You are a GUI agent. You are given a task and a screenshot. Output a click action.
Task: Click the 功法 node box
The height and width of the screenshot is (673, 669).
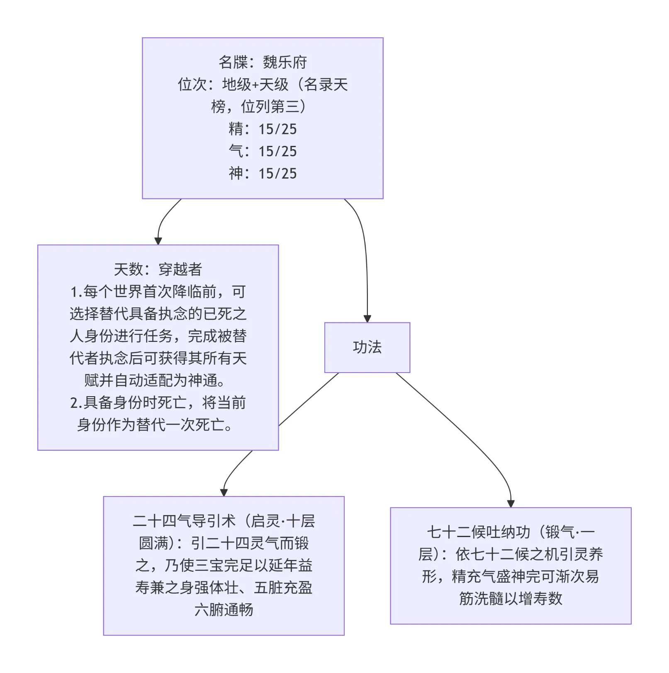coord(367,347)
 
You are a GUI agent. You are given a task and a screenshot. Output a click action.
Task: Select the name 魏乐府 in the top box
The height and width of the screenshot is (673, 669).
coord(285,63)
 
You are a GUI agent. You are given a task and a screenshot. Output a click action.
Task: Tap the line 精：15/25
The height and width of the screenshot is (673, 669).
coord(263,129)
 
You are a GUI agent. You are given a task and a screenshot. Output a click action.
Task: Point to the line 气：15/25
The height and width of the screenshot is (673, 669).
coord(263,151)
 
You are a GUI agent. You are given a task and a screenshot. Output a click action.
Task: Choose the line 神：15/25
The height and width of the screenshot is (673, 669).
coord(263,173)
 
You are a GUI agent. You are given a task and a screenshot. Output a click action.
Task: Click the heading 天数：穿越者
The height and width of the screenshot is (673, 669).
coord(158,269)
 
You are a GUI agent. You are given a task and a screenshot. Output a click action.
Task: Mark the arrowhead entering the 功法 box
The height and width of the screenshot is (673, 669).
coord(367,319)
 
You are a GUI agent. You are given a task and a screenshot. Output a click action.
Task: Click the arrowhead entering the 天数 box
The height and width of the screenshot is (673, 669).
coord(158,241)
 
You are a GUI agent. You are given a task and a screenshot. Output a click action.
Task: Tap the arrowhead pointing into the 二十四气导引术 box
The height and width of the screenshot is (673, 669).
coord(224,492)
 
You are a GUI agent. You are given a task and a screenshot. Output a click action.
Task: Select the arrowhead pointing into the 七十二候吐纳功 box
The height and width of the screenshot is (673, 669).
coord(511,504)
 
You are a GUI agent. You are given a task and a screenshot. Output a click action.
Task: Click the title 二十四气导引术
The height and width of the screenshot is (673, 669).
coord(184,521)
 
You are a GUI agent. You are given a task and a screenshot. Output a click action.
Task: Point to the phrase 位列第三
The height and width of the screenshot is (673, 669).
coord(270,107)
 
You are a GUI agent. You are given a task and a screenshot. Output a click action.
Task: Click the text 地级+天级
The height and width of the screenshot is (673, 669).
coord(255,85)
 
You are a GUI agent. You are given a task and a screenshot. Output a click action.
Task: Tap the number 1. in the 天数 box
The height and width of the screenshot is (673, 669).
coord(76,292)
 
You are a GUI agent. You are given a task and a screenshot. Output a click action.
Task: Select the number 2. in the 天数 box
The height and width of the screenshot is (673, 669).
coord(76,403)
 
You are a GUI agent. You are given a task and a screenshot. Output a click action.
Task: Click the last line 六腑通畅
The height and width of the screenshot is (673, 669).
coord(224,610)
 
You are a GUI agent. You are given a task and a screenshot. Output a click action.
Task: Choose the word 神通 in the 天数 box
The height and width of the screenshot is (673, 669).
coord(202,380)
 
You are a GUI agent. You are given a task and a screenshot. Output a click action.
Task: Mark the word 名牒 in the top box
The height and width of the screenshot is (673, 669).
coord(233,63)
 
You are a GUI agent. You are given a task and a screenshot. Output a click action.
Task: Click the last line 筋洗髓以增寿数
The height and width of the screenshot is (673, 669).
coord(511,598)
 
